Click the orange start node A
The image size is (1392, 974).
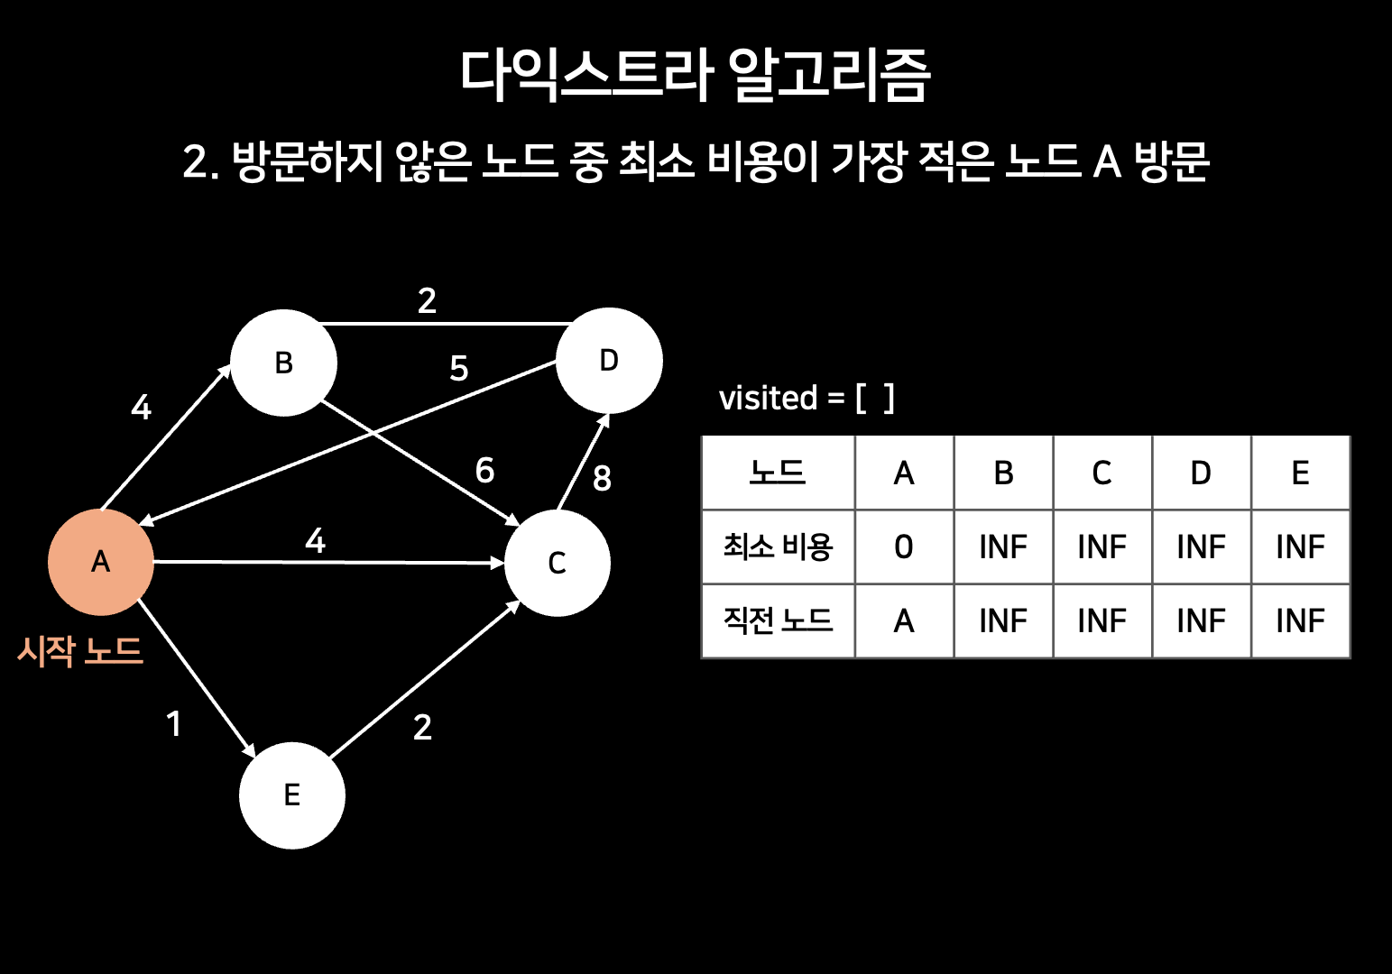tap(100, 562)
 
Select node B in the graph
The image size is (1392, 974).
tap(283, 363)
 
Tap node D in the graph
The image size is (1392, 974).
tap(609, 361)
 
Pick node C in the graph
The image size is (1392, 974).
tap(557, 563)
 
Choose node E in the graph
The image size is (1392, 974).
tap(291, 795)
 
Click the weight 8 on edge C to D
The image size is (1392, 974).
tap(602, 478)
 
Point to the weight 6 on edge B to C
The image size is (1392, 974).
tap(484, 470)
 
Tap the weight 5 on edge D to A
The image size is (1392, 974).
tap(458, 368)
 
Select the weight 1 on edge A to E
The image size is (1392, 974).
tap(174, 723)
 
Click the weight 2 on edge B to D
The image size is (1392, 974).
tap(427, 300)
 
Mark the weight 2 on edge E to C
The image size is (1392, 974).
tap(422, 727)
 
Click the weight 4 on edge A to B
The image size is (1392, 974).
tap(141, 408)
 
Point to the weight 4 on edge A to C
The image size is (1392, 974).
tap(315, 540)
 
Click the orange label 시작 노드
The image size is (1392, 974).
tap(80, 650)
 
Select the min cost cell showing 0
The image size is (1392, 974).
tap(904, 547)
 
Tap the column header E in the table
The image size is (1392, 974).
tap(1300, 473)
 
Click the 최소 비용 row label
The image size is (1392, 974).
tap(778, 547)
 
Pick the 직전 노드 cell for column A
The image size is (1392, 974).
tap(904, 620)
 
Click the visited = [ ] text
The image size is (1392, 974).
tap(807, 398)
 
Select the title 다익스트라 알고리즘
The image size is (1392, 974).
tap(695, 74)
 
